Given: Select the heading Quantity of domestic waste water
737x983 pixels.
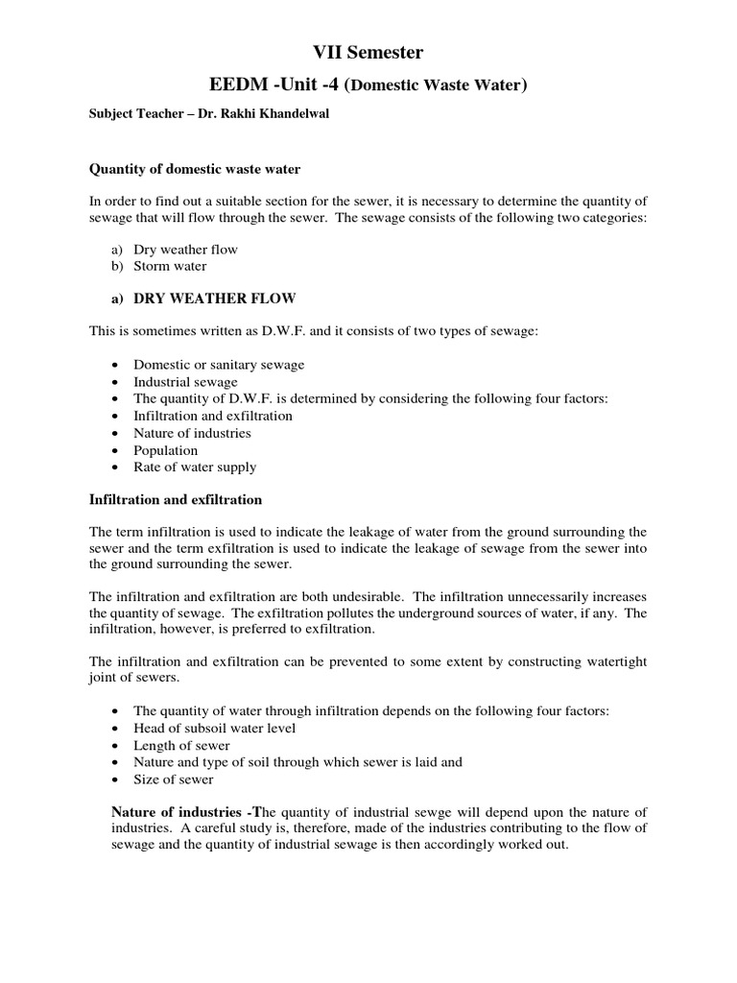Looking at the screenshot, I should (x=195, y=169).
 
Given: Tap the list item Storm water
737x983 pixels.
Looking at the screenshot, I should (x=170, y=266).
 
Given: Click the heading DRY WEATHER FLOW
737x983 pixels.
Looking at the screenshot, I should (x=214, y=299).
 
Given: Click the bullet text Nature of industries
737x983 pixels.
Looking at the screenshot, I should (x=192, y=433).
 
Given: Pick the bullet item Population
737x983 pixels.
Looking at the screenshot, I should (x=166, y=450).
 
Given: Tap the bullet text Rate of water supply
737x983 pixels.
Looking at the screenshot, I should (x=195, y=468).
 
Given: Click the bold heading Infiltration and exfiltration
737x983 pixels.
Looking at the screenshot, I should (x=176, y=500).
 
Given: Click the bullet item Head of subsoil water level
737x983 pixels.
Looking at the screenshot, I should (x=215, y=728).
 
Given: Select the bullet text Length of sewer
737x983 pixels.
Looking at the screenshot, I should (x=181, y=745).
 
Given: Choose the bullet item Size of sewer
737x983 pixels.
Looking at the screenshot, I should (x=174, y=779).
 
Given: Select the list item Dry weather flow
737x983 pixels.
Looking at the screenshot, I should (x=185, y=250).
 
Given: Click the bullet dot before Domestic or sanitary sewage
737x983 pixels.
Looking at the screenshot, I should (x=116, y=365).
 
